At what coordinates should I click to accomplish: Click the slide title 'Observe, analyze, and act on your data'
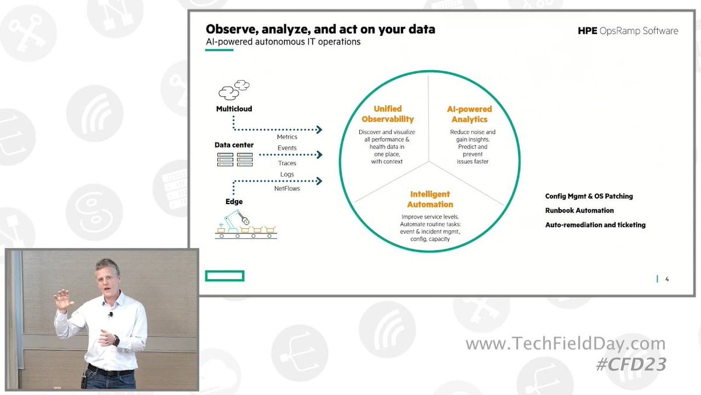pyautogui.click(x=320, y=29)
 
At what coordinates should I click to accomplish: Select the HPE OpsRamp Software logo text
pyautogui.click(x=627, y=31)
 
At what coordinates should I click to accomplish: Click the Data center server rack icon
pyautogui.click(x=234, y=159)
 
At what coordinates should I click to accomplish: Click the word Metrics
pyautogui.click(x=287, y=137)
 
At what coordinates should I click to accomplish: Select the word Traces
pyautogui.click(x=287, y=163)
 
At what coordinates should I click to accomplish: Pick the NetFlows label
pyautogui.click(x=287, y=189)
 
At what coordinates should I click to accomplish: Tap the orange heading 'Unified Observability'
pyautogui.click(x=387, y=114)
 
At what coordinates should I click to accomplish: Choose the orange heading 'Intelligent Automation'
pyautogui.click(x=430, y=199)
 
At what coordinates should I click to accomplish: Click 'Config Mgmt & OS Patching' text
pyautogui.click(x=589, y=197)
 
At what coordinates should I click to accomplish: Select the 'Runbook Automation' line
pyautogui.click(x=579, y=211)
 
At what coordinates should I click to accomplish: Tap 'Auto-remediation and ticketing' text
pyautogui.click(x=595, y=225)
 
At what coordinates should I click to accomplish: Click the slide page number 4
pyautogui.click(x=667, y=279)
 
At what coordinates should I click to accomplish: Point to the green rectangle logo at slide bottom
pyautogui.click(x=224, y=276)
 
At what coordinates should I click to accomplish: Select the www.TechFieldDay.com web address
pyautogui.click(x=565, y=344)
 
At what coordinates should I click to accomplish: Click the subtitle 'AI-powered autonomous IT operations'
pyautogui.click(x=283, y=42)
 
